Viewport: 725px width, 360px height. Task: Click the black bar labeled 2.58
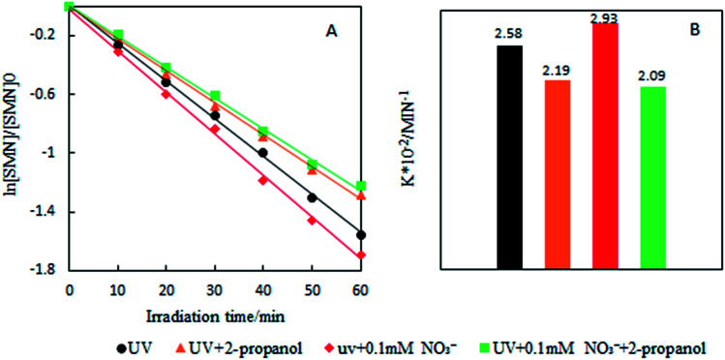click(508, 156)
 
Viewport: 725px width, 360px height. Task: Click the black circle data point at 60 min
click(360, 234)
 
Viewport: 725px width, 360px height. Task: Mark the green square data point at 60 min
click(360, 186)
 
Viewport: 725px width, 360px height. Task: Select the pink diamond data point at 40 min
click(262, 180)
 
